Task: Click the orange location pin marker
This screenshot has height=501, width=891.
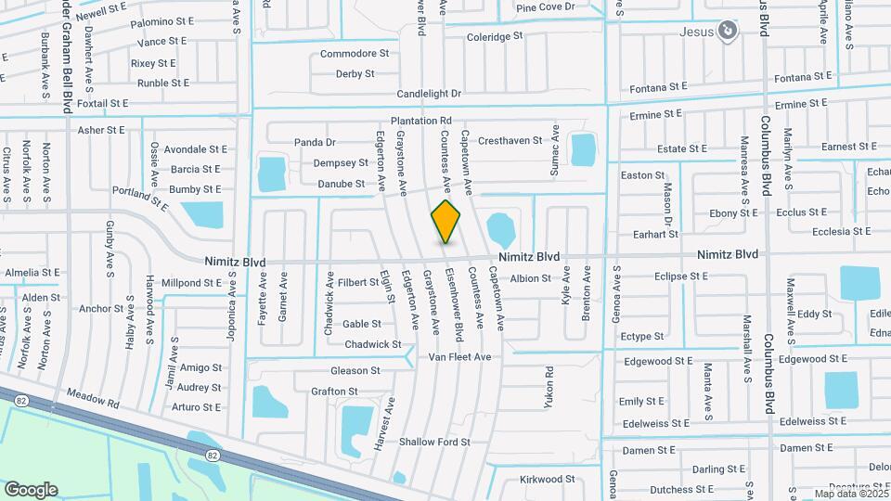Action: point(445,222)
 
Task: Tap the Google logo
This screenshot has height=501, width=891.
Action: point(31,490)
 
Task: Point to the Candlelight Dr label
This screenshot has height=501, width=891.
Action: point(429,94)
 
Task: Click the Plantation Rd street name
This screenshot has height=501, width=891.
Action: point(420,121)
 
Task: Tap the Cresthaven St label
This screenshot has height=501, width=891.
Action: point(510,141)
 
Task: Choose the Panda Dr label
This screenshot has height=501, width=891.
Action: point(315,142)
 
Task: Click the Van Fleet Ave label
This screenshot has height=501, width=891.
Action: point(458,357)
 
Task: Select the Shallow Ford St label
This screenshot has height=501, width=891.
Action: point(434,443)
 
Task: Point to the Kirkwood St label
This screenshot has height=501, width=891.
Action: point(548,480)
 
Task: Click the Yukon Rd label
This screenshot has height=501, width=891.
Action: point(549,387)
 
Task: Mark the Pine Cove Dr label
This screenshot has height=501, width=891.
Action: point(546,7)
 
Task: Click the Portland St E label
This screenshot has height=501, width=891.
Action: point(140,195)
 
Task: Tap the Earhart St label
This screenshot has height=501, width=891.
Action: point(655,235)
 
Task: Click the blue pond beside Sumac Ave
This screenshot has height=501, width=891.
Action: point(583,149)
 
